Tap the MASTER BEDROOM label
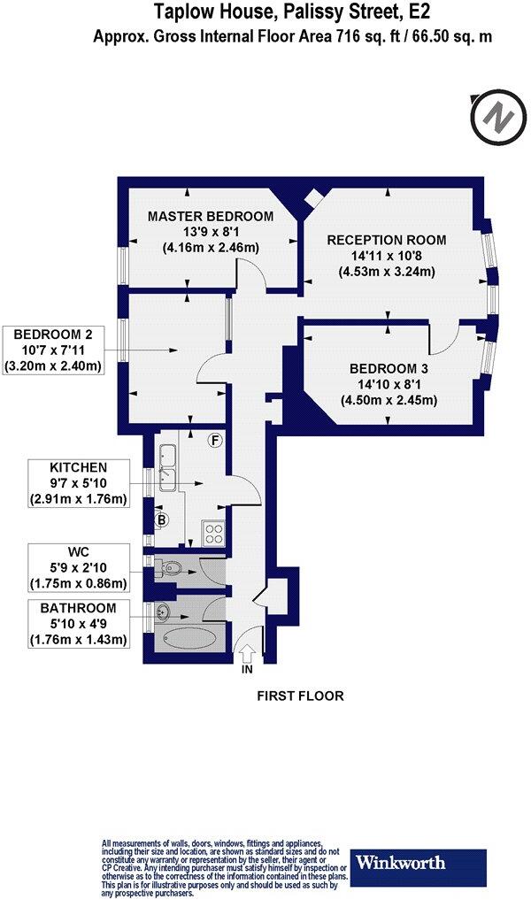[x=211, y=216]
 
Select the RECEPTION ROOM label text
[x=387, y=240]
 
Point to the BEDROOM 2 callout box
[x=55, y=350]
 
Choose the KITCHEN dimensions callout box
[x=79, y=482]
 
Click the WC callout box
[x=79, y=566]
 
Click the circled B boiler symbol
[x=162, y=519]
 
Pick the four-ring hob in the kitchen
[x=215, y=534]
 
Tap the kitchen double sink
[x=168, y=466]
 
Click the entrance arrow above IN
[x=247, y=652]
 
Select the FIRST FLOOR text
[x=300, y=696]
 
